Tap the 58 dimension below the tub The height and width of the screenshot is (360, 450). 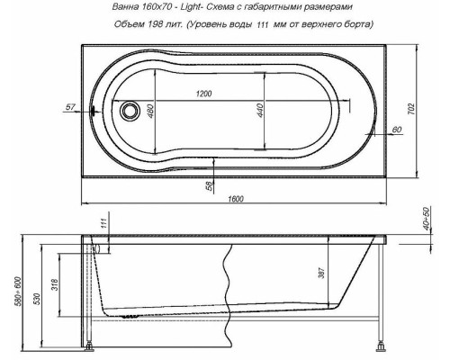(x=210, y=185)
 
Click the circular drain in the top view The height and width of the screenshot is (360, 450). (x=131, y=112)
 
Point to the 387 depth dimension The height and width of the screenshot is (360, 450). (x=320, y=272)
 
